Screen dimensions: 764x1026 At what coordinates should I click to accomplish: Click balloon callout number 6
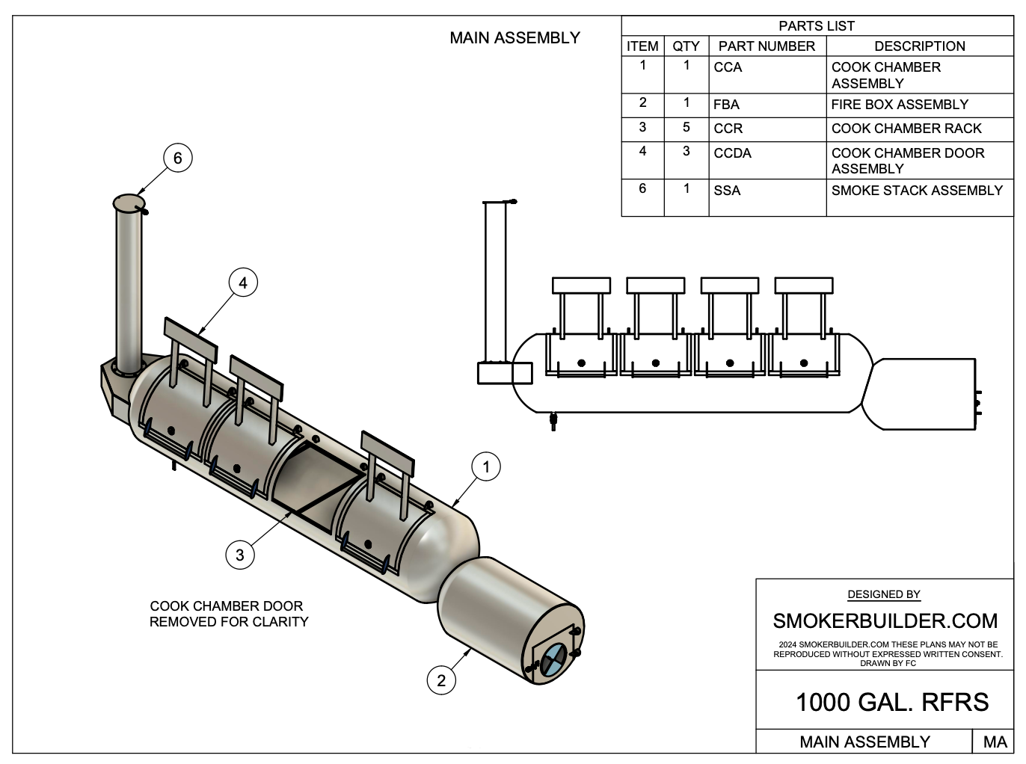point(177,158)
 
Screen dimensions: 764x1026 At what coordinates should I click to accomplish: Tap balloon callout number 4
point(242,283)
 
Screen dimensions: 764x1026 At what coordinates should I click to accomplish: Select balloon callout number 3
point(239,555)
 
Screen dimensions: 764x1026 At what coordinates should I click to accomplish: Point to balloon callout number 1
point(486,467)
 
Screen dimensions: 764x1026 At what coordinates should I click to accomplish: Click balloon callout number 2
point(441,680)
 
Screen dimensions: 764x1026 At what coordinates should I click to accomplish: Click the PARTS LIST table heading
point(817,26)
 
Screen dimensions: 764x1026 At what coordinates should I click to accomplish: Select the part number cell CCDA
point(732,153)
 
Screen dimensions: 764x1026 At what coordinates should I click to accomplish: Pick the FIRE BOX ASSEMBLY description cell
point(900,105)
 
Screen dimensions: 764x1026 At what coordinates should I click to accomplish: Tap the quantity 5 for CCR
point(686,128)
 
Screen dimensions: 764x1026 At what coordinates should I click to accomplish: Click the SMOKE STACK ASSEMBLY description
point(917,191)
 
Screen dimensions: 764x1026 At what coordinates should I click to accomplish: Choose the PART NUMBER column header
point(767,46)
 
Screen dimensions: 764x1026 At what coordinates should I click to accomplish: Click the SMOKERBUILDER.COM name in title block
point(885,621)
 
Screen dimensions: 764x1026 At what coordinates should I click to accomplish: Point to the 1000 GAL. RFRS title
point(891,703)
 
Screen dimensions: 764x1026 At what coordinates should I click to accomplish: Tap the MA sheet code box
point(995,742)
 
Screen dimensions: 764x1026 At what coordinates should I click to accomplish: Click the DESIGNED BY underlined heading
point(884,595)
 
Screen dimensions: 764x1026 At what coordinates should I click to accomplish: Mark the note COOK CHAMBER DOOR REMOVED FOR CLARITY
point(229,614)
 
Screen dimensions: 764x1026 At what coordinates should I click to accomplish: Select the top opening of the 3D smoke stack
point(129,203)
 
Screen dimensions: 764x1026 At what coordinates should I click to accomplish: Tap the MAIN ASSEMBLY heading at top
point(514,38)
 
